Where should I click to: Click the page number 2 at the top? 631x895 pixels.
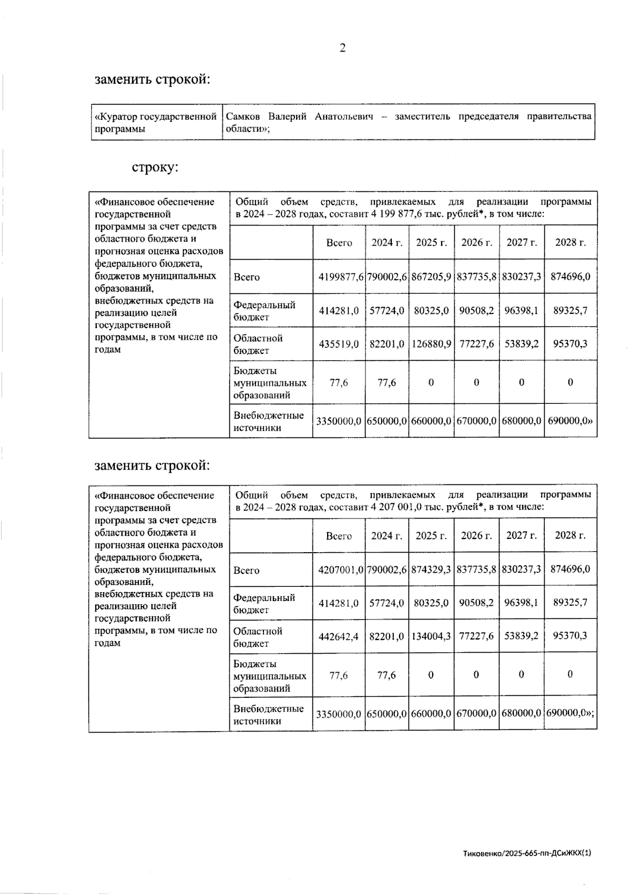(x=342, y=48)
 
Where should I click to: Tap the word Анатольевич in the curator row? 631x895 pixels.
(x=344, y=116)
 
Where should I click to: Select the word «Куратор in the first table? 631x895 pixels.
(x=115, y=116)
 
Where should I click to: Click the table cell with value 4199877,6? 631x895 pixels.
(x=339, y=276)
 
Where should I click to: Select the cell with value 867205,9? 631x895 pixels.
(x=431, y=276)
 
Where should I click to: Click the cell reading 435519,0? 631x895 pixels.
(x=339, y=343)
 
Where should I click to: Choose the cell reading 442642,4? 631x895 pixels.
(x=339, y=636)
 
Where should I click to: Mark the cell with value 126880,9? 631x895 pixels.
(x=431, y=343)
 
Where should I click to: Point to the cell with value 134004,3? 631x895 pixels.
(x=431, y=636)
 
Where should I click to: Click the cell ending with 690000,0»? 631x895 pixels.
(x=570, y=714)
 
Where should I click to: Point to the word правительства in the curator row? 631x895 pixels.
(x=559, y=116)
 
